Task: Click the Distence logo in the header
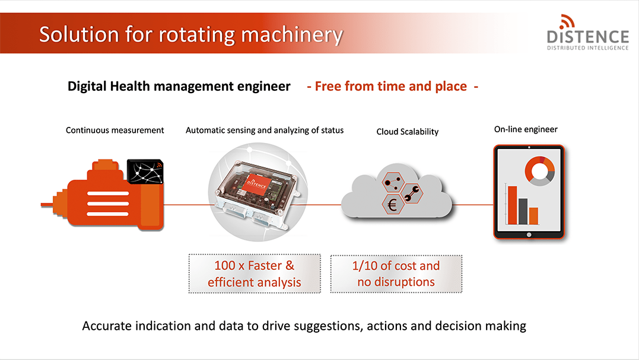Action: (x=587, y=33)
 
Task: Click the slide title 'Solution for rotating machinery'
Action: (x=191, y=34)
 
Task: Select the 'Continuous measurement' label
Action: (x=115, y=130)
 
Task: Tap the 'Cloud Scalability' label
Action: (x=408, y=132)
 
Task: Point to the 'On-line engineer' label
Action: (x=526, y=129)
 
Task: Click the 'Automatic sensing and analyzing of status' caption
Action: (x=265, y=130)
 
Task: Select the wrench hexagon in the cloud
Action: (x=412, y=193)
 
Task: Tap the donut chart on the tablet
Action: (x=540, y=171)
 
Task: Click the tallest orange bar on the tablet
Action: (x=512, y=205)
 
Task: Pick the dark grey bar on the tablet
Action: (x=523, y=211)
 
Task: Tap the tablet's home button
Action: (x=529, y=235)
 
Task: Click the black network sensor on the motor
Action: (x=145, y=171)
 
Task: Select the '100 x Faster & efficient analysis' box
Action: (x=255, y=273)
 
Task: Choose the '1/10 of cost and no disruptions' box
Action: (x=396, y=273)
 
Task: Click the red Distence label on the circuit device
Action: (x=257, y=183)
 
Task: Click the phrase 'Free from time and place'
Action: (x=391, y=87)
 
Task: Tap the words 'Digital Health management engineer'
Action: (x=179, y=87)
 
